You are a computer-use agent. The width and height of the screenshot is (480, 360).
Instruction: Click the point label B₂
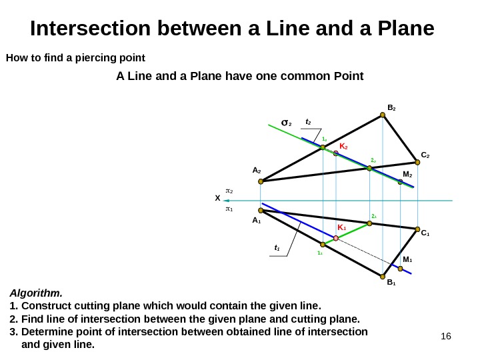(x=392, y=107)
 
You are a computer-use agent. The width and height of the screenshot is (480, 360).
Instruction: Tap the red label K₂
(x=344, y=145)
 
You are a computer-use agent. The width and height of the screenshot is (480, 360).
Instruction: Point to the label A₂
(x=257, y=171)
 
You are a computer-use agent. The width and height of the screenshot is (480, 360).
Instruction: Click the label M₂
(x=407, y=175)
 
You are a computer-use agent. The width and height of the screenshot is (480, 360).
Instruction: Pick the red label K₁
(x=341, y=228)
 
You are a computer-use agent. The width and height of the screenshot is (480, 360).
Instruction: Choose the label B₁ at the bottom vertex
(x=391, y=283)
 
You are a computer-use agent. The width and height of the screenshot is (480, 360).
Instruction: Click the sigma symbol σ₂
(x=287, y=123)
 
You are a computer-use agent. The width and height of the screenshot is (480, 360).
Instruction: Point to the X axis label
(x=217, y=199)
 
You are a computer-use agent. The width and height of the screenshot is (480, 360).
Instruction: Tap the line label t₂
(x=309, y=122)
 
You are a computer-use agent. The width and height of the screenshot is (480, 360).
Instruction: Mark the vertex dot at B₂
(x=383, y=115)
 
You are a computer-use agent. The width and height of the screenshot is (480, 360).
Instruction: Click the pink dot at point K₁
(x=336, y=238)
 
